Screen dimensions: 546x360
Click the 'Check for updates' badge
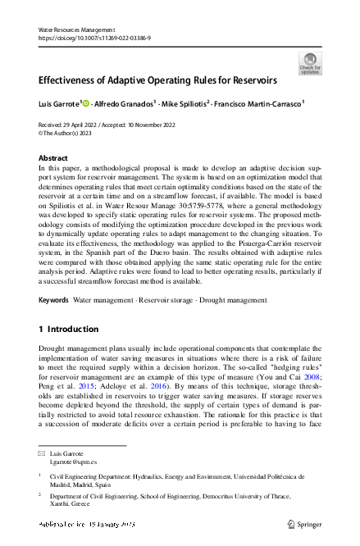311,63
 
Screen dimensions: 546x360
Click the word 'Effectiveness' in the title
72,81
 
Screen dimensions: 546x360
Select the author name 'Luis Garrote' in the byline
58,104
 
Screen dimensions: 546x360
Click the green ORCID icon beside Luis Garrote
86,104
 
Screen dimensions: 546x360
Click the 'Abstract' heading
54,157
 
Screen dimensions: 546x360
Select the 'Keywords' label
53,301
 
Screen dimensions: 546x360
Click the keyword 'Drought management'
238,301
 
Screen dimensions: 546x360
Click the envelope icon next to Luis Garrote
43,453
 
